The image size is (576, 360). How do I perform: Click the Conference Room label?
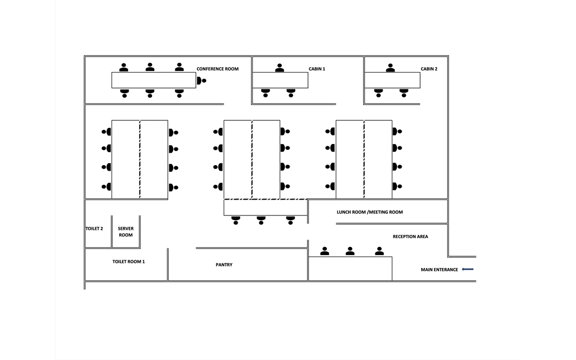(x=218, y=69)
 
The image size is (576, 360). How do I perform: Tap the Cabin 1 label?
(x=317, y=69)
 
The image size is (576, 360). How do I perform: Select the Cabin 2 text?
(x=429, y=69)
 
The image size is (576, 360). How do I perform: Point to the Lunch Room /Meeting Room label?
(x=370, y=212)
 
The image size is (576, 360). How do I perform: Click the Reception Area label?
(x=410, y=237)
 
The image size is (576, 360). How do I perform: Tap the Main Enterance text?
(x=439, y=269)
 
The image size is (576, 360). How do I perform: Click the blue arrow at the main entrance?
(x=467, y=269)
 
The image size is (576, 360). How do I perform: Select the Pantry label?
(x=224, y=265)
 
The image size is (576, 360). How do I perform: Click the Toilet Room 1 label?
(x=129, y=262)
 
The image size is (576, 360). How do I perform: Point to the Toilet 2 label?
(x=94, y=228)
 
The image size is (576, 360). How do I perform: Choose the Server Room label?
(x=125, y=232)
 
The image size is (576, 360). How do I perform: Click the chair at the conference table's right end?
(x=201, y=80)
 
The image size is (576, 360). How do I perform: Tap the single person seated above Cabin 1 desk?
(x=280, y=68)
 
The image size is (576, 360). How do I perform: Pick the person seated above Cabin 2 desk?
(x=390, y=68)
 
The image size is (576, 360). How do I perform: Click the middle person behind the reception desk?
(x=350, y=251)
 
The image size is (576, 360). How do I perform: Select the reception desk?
(x=350, y=268)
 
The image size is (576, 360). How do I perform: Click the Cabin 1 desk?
(x=280, y=80)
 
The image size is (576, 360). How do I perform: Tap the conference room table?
(x=154, y=80)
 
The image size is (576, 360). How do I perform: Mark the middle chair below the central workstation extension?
(x=261, y=221)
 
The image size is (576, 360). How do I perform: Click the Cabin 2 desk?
(x=392, y=80)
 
